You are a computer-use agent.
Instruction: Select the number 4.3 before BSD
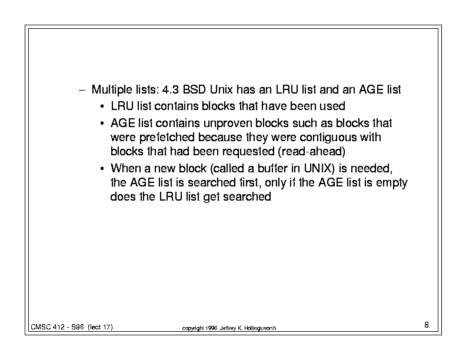(x=170, y=89)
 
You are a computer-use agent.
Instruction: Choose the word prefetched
(x=167, y=138)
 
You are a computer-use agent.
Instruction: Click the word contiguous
(x=328, y=138)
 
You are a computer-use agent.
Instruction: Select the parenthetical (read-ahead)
(x=311, y=152)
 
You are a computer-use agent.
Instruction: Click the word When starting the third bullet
(x=125, y=168)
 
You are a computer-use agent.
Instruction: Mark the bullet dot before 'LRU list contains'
(x=102, y=106)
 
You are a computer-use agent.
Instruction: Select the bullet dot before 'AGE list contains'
(x=102, y=124)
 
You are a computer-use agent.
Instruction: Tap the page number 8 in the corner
(x=427, y=325)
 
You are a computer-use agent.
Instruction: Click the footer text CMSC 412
(x=48, y=327)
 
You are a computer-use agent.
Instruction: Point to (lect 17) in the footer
(x=100, y=327)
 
